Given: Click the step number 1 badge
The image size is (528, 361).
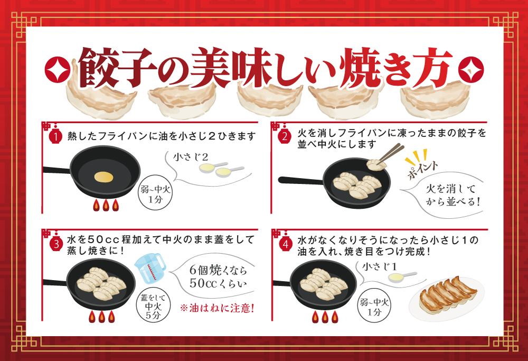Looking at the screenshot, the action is coord(55,137).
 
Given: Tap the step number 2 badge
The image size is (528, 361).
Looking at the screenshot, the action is coord(285,136).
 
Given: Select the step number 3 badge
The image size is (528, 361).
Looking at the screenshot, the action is coord(56,244).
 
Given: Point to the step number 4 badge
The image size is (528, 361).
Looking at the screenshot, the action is coord(286,244).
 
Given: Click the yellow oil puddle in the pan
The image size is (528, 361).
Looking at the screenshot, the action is coord(103,177).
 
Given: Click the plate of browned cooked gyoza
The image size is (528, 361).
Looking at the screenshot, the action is coord(447,297).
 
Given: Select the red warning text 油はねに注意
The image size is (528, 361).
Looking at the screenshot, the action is coord(217,308).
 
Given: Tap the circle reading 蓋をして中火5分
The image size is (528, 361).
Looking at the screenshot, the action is coord(153,306).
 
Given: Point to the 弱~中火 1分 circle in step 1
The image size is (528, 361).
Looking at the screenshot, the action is coord(155,194).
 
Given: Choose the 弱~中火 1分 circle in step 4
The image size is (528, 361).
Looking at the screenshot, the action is coord(374,306).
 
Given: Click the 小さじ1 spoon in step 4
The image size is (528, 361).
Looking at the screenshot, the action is coord(402,277).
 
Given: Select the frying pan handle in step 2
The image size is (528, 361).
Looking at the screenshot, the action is coord(301,181).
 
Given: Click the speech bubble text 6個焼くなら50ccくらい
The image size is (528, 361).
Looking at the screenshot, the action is coord(218,276).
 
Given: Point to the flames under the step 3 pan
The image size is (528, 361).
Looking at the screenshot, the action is coord(102,316).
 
